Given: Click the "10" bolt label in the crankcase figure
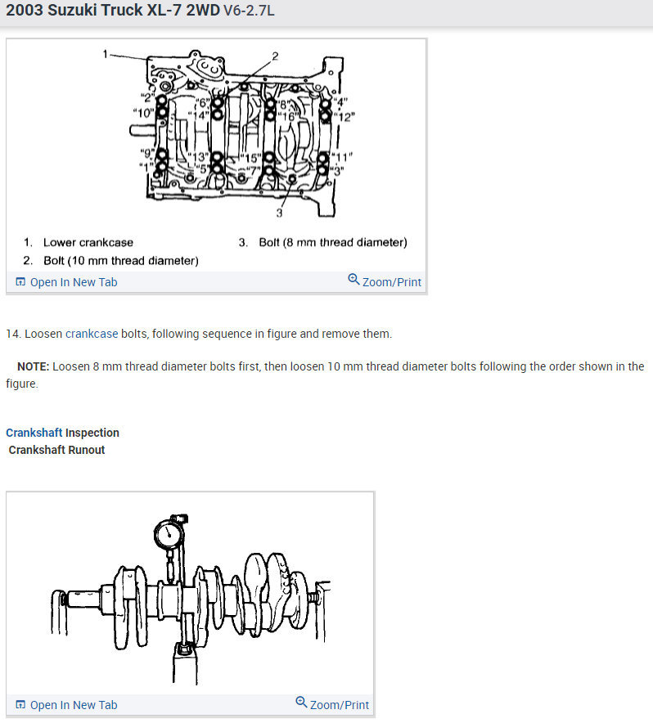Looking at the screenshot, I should (143, 111).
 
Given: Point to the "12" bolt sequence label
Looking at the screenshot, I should (346, 116).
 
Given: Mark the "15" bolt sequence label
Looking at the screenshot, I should (250, 157).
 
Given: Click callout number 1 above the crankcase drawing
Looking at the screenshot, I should (106, 54).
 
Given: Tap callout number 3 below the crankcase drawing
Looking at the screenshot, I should (278, 213).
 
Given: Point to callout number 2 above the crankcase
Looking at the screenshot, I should (275, 56).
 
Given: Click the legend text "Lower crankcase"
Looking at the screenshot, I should (88, 242).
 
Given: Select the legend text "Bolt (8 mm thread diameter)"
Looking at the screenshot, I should (332, 242).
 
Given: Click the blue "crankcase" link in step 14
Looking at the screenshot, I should (92, 334).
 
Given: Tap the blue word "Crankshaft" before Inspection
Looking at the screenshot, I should (34, 433).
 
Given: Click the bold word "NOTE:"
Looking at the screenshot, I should (33, 366).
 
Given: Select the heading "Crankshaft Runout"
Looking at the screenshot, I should (56, 450).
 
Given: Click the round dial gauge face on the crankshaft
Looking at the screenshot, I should (169, 536).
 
